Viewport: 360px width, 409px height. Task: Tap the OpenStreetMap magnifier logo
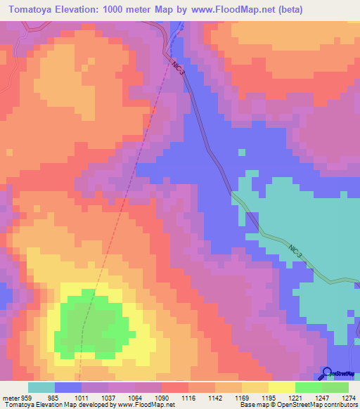(x=327, y=374)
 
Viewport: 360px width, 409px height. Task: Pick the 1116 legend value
(x=188, y=398)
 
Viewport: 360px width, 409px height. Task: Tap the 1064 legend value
(x=135, y=398)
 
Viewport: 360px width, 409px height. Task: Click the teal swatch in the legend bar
(x=41, y=387)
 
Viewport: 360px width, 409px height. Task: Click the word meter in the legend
(x=8, y=398)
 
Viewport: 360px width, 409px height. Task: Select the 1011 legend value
(x=82, y=398)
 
